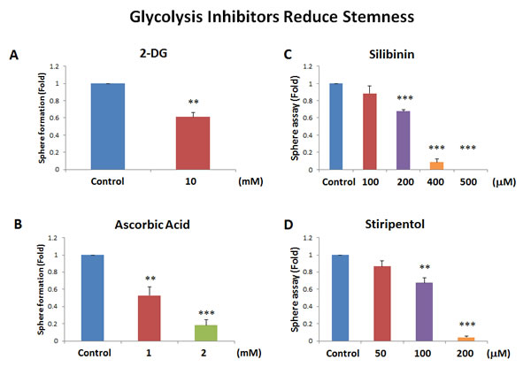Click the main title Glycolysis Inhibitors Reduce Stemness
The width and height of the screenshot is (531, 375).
pyautogui.click(x=265, y=17)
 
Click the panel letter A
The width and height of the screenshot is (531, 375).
pyautogui.click(x=13, y=55)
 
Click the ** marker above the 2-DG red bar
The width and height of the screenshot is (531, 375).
pyautogui.click(x=193, y=102)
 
